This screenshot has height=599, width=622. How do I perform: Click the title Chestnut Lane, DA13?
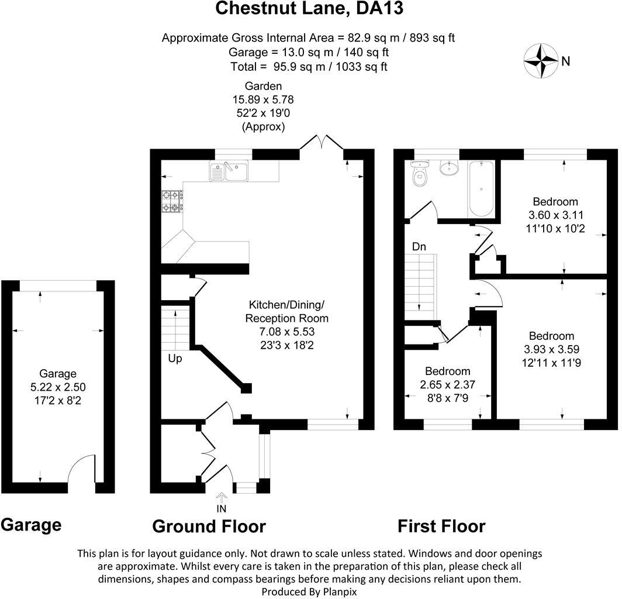point(309,9)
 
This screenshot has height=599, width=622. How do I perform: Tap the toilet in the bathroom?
point(419,174)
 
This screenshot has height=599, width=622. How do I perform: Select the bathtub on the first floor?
point(481,188)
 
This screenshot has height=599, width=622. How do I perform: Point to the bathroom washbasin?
point(451,168)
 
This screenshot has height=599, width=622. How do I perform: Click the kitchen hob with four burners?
point(171,201)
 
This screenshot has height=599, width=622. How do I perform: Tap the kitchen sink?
point(229,171)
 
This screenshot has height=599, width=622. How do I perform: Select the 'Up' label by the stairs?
point(174,359)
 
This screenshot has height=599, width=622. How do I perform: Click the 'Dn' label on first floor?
point(419,247)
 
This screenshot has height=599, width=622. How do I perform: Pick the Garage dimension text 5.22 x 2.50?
point(58,387)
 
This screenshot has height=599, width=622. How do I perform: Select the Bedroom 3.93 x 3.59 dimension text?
point(551,349)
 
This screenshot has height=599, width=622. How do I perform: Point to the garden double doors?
point(322,143)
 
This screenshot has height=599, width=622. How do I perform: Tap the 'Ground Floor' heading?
point(209,526)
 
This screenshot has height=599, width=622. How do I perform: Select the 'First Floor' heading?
point(441,526)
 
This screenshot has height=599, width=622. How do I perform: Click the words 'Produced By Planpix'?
point(309,591)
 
